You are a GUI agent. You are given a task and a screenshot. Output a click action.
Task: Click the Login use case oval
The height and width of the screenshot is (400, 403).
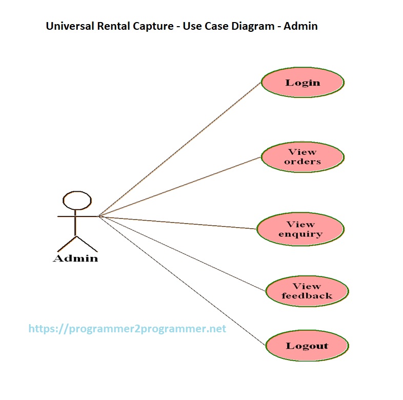[x=303, y=83]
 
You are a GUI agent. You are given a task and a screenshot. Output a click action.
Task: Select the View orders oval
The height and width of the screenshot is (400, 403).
[x=303, y=157]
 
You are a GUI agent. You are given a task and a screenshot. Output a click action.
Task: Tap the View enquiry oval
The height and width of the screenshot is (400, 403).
[x=300, y=229]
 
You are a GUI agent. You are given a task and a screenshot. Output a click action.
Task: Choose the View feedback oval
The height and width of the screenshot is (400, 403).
[x=307, y=291]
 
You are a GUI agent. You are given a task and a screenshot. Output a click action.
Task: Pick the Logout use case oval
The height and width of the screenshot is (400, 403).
[x=307, y=346]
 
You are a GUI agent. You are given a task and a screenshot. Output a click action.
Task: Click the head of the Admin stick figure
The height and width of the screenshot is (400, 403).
[x=77, y=201]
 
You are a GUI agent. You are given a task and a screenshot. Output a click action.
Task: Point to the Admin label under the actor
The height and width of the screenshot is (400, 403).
[x=75, y=258]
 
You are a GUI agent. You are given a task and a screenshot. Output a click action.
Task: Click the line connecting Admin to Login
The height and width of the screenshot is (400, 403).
[x=179, y=149]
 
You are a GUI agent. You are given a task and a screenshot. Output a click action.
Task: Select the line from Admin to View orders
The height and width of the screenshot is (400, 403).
[x=179, y=187]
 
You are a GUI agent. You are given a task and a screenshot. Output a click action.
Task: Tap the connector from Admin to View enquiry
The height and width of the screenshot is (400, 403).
[x=177, y=223]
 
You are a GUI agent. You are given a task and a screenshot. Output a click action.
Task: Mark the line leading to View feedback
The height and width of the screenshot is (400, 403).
[x=182, y=254]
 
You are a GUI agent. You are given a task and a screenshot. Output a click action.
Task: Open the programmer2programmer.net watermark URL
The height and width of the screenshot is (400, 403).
[x=127, y=329]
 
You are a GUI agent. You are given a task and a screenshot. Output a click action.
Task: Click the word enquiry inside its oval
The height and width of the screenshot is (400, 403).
[x=300, y=234]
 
